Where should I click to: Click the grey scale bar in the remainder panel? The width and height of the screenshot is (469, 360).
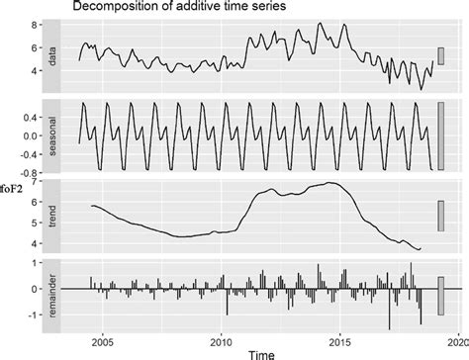pos(441,296)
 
